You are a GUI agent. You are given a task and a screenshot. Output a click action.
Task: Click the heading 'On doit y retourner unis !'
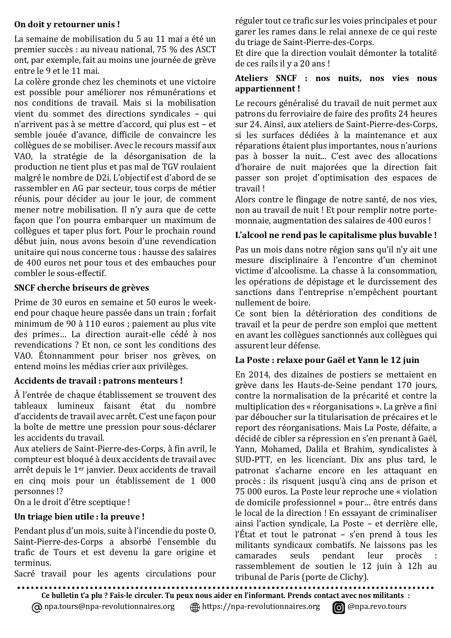click(67, 25)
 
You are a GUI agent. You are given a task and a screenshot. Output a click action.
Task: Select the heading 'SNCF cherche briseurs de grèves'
click(82, 288)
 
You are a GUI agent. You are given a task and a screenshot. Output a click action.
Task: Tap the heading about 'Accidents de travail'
click(98, 381)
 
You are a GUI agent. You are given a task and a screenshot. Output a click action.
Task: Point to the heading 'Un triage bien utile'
click(79, 516)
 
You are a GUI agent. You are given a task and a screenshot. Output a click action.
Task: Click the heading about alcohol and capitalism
click(336, 235)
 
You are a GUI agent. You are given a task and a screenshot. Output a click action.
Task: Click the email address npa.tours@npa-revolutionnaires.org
click(109, 606)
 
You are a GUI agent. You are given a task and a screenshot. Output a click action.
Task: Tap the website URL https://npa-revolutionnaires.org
click(261, 606)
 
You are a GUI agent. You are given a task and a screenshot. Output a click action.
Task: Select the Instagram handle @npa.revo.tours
click(377, 606)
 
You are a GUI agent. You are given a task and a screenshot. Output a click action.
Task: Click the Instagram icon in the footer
click(339, 607)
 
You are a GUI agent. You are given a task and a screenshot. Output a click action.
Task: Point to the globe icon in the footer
click(195, 607)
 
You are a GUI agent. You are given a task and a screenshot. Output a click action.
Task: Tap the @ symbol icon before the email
click(37, 607)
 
